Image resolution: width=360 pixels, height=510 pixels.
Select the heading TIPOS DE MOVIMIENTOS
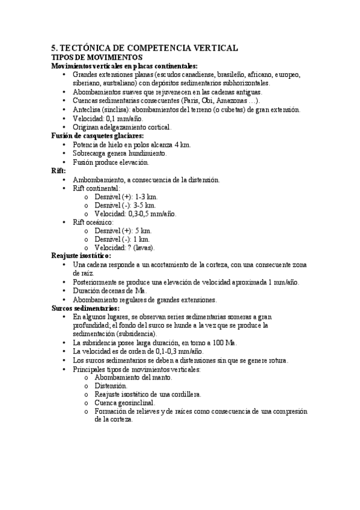pos(91,57)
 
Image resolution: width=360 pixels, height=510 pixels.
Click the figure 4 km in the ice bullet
pos(183,144)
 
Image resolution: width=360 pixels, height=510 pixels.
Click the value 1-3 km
pos(145,197)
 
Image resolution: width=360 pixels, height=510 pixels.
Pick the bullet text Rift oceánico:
pos(93,222)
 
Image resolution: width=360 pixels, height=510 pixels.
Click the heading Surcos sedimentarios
pos(85,308)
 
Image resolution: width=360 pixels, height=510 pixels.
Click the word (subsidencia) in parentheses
pos(135,333)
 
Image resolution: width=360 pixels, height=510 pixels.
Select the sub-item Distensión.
pos(111,386)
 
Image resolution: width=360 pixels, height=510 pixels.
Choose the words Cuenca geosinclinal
pos(124,402)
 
